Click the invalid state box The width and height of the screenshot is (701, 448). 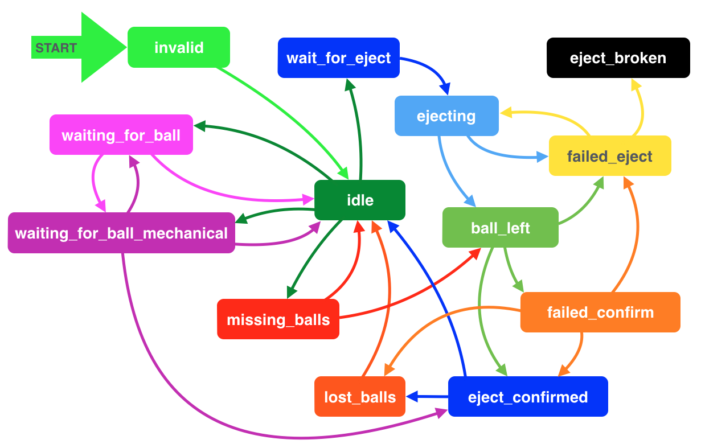[x=179, y=47]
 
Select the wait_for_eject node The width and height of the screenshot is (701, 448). [x=338, y=57]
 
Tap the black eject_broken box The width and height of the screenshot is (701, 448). [x=617, y=57]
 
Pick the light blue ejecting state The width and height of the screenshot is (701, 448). [x=446, y=116]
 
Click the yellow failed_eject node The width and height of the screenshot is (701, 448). [x=609, y=156]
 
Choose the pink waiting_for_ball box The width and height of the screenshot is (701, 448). [x=121, y=135]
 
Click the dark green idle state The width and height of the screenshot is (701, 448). [x=360, y=200]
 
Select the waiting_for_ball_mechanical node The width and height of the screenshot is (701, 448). [x=121, y=233]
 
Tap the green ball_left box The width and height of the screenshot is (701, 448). [x=500, y=228]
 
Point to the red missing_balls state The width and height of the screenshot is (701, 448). [x=278, y=319]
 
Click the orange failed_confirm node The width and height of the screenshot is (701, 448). [x=600, y=312]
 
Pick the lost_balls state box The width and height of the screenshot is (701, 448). [x=360, y=397]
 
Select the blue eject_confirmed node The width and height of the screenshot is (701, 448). [x=528, y=397]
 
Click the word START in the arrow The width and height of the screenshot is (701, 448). [x=56, y=48]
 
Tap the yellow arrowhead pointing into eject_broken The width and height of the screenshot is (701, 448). [x=636, y=84]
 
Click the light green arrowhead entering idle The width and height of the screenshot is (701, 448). [x=343, y=173]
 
